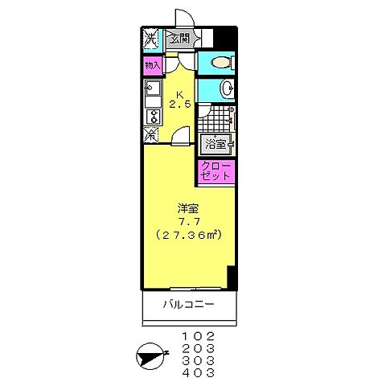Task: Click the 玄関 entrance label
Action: point(179,39)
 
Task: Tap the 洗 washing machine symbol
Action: point(150,38)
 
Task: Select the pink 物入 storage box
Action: point(152,64)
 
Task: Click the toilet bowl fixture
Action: point(220,63)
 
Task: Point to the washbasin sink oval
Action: point(226,88)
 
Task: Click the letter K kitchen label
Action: point(180,91)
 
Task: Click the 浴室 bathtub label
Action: point(215,146)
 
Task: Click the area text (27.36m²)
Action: point(187,236)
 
